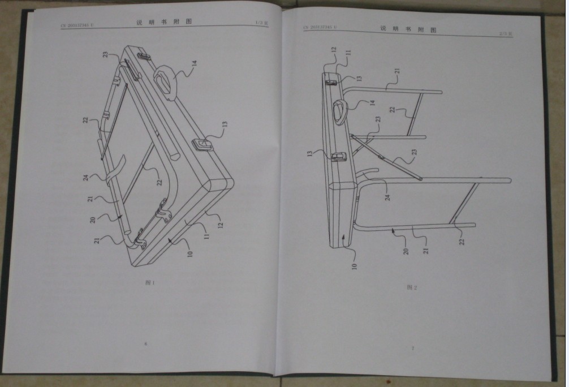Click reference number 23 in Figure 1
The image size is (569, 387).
pos(105,54)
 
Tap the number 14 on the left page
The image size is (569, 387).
pos(193,64)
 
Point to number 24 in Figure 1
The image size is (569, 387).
pos(86,177)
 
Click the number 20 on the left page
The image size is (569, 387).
pos(92,220)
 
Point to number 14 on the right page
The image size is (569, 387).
pos(372,102)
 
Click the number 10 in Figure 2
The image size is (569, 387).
pos(354,264)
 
